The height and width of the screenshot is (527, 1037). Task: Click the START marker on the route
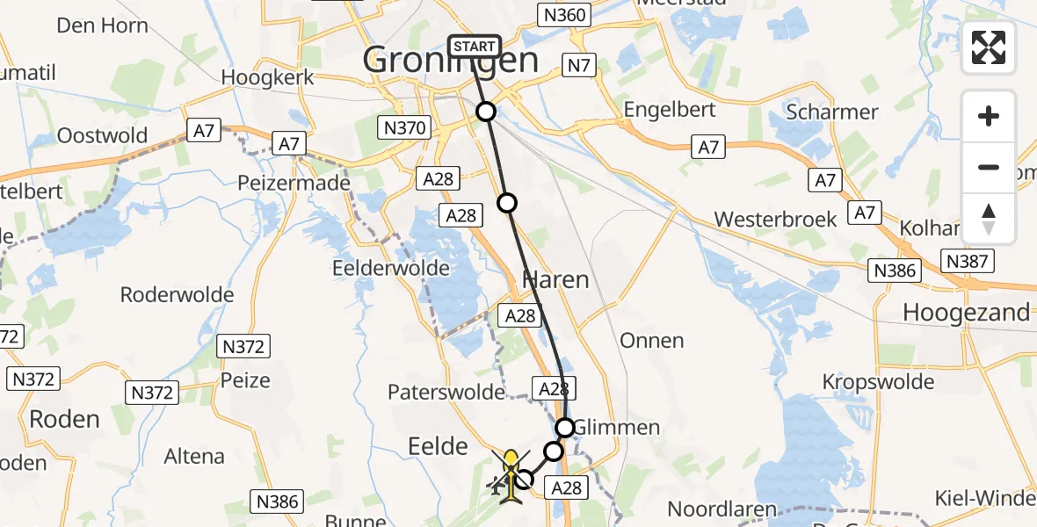tap(475, 47)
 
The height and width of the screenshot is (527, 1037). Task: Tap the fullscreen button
tap(989, 47)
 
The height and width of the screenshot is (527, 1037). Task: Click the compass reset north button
tap(989, 219)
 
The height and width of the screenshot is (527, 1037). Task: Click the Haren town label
tap(555, 280)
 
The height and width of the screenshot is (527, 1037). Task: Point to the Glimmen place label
tap(617, 428)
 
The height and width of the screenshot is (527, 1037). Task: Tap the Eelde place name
tap(438, 447)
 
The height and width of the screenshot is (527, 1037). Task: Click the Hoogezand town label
tap(966, 313)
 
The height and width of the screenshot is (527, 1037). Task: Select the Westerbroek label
tap(776, 219)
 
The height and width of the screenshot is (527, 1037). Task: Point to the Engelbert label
tap(669, 110)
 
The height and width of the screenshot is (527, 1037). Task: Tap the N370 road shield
tap(405, 128)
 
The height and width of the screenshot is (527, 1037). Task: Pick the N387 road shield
tap(968, 261)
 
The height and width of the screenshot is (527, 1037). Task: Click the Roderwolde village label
tap(177, 294)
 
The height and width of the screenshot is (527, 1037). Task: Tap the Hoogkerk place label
tap(267, 77)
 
